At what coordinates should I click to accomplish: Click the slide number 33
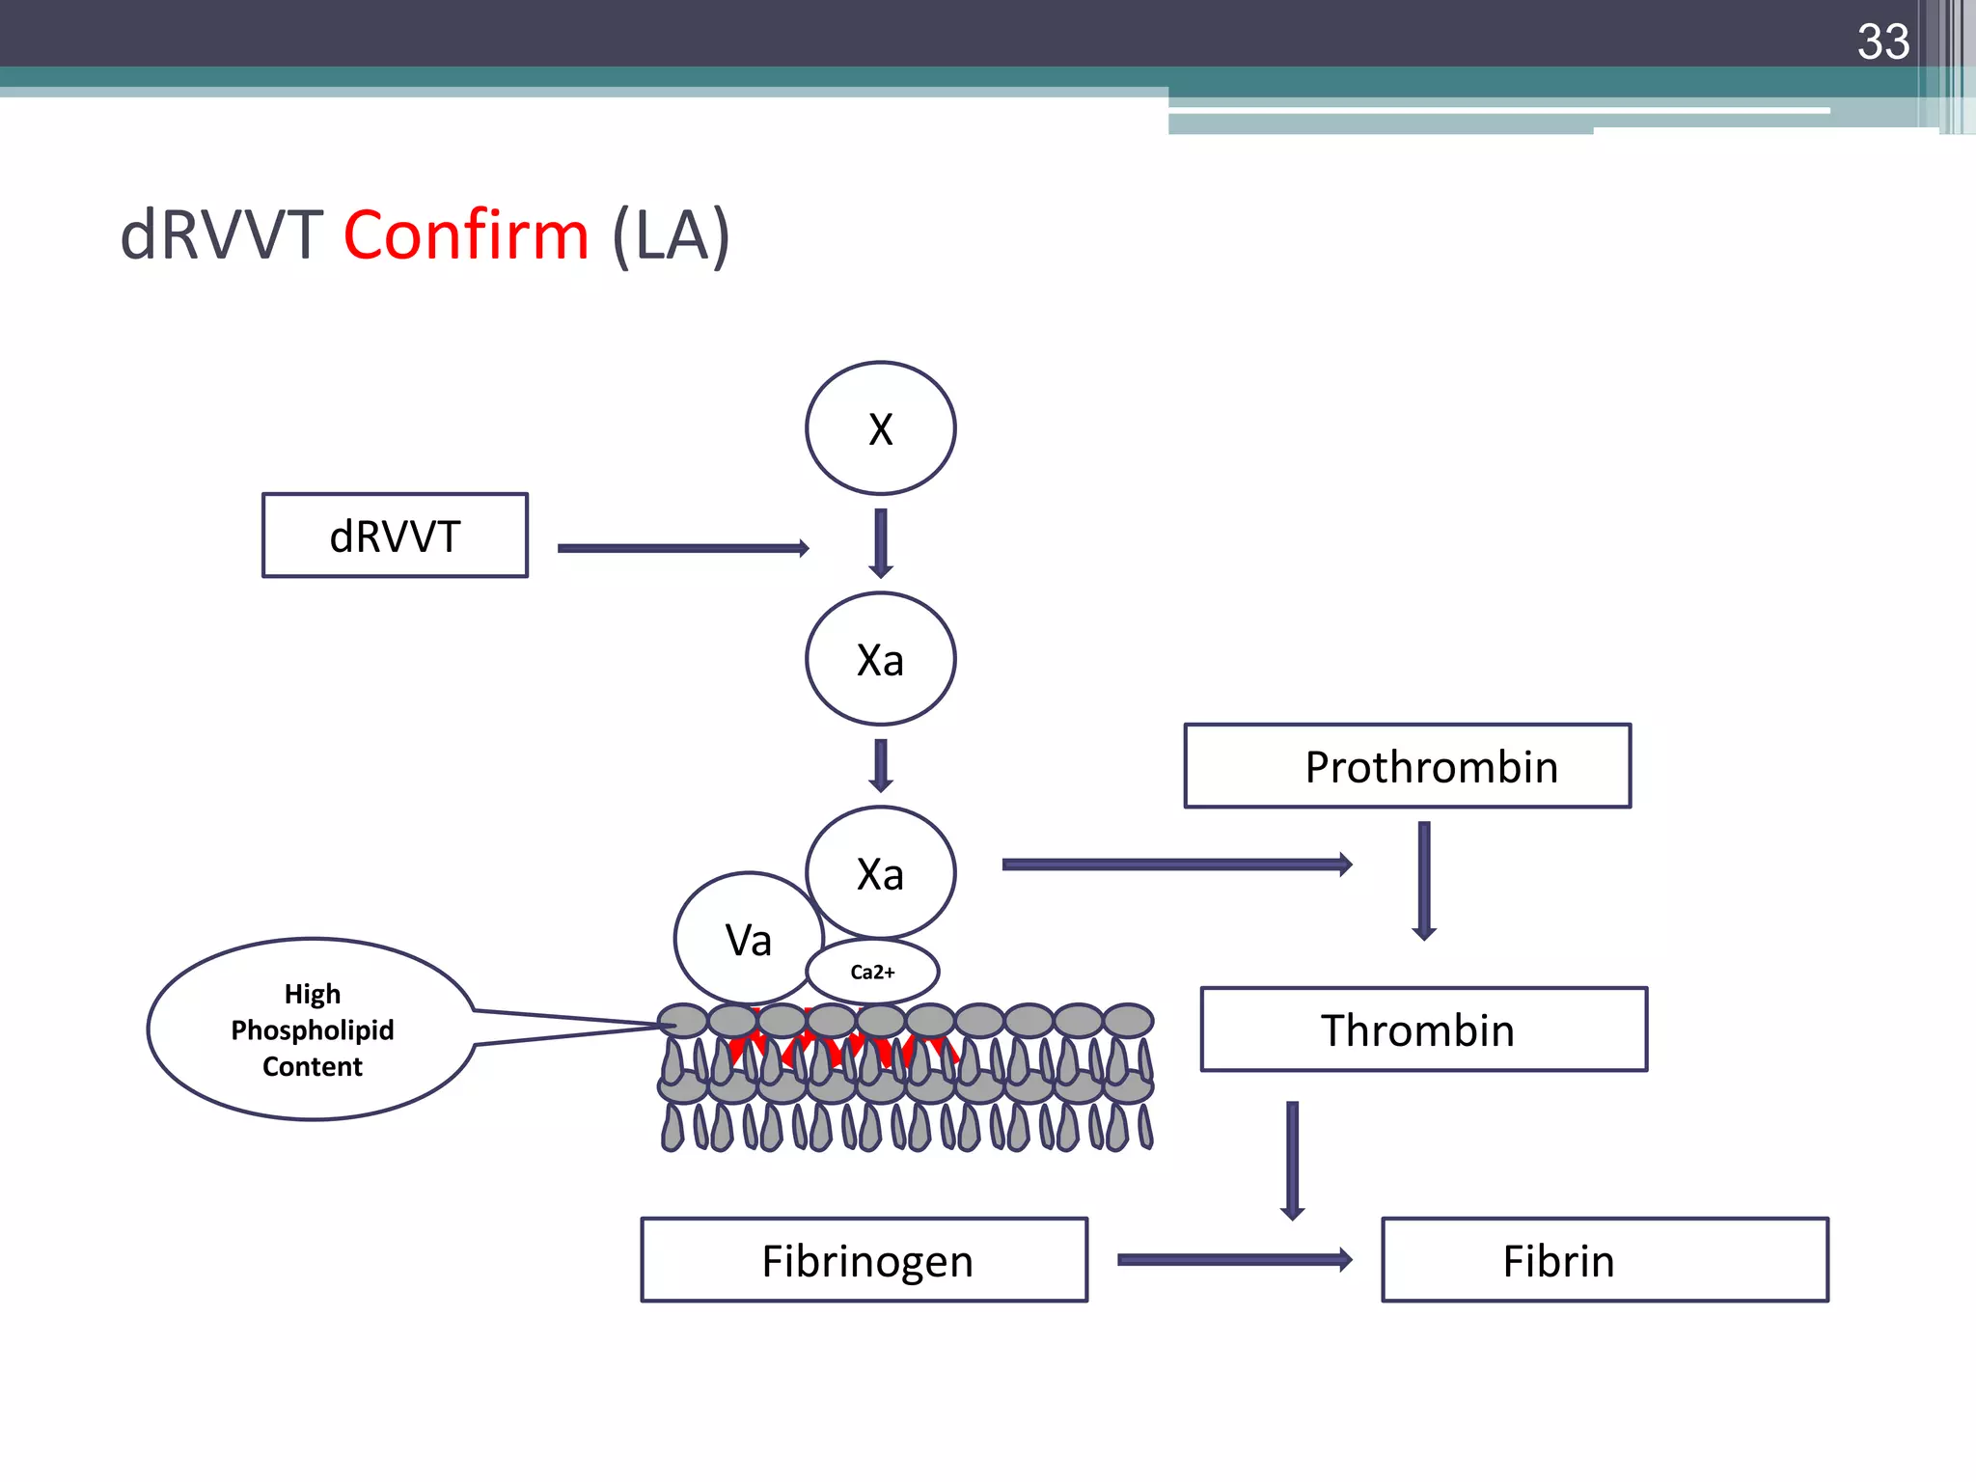click(1882, 42)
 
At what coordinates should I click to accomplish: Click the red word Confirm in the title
click(466, 236)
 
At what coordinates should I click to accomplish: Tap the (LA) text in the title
click(672, 236)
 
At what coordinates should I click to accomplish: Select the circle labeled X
click(880, 428)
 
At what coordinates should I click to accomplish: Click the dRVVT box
click(395, 535)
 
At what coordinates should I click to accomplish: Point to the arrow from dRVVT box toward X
click(681, 548)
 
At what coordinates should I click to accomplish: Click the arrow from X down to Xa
click(880, 542)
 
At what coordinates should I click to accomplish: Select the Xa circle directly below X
click(880, 659)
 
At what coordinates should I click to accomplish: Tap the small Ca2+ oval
click(872, 972)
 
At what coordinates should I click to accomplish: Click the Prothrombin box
click(1408, 766)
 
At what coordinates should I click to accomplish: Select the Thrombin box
click(1423, 1029)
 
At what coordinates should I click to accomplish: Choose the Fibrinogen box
click(864, 1260)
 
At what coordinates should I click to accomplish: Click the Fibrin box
click(1605, 1260)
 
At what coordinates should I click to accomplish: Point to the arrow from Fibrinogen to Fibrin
click(1233, 1259)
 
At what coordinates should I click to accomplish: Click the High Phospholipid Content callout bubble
click(312, 1029)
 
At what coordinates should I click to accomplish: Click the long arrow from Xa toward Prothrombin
click(1175, 864)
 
